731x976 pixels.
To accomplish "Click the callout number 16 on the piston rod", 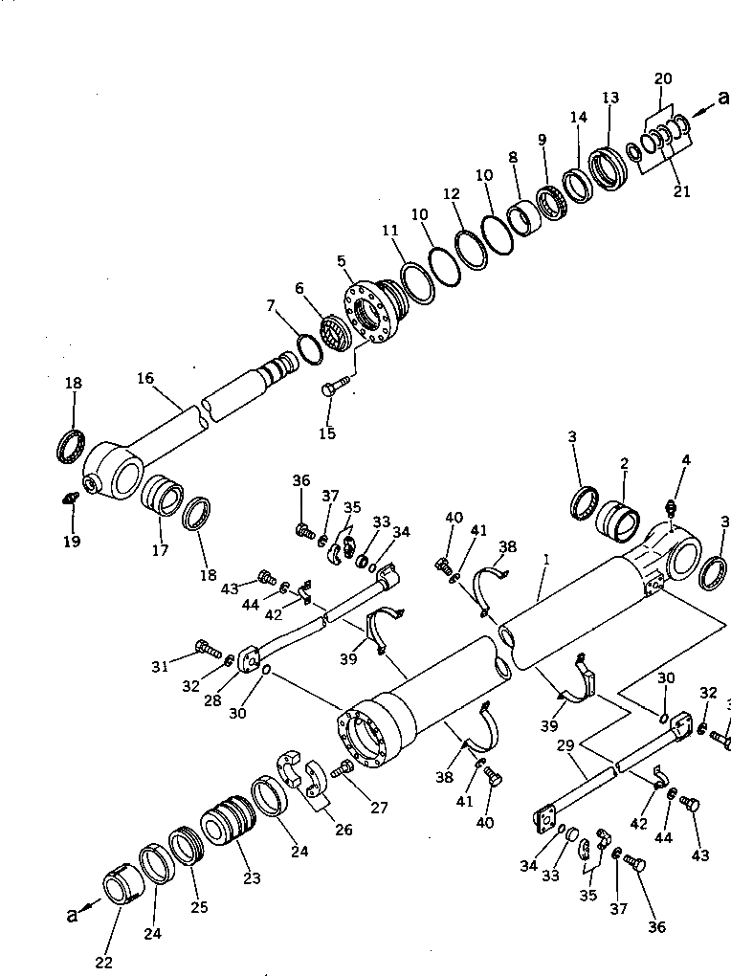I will [145, 379].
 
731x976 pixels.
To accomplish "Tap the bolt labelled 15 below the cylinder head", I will [331, 388].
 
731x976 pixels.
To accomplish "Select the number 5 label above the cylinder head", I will [341, 260].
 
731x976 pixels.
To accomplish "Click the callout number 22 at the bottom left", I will [103, 962].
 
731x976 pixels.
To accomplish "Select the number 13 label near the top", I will [610, 98].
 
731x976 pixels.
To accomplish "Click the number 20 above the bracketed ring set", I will [664, 78].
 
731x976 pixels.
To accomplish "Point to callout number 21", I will [681, 191].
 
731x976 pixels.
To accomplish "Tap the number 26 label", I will [343, 830].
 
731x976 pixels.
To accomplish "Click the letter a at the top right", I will [722, 97].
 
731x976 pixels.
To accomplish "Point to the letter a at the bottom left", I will [72, 914].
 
